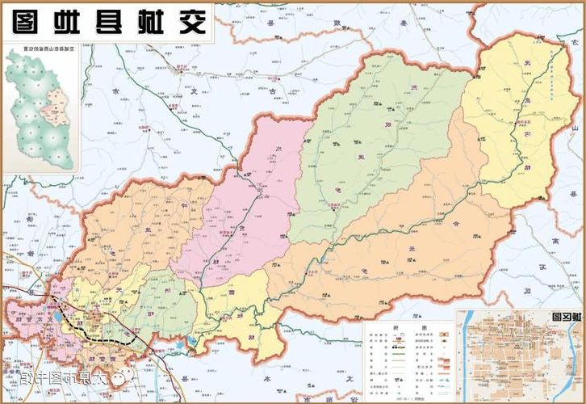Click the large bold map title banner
point(109,21)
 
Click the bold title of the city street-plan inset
point(565,318)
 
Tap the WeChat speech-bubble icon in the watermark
point(120,377)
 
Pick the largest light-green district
point(371,145)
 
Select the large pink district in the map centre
point(242,218)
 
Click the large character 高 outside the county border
point(555,240)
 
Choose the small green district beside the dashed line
point(161,307)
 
